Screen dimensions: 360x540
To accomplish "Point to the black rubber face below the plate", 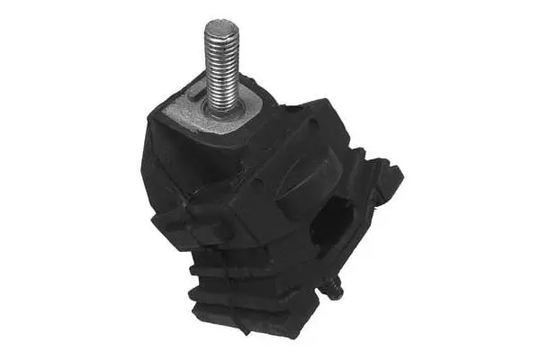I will click(x=193, y=171).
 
